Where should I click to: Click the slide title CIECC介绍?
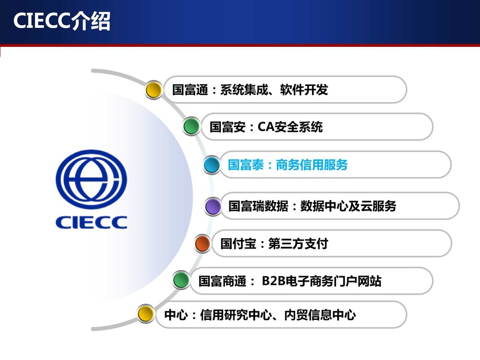click(61, 21)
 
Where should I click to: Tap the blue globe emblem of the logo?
click(91, 179)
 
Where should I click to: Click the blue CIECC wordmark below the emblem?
click(91, 222)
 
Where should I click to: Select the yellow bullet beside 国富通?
click(153, 90)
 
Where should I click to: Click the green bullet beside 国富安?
click(191, 126)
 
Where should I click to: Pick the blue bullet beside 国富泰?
click(212, 165)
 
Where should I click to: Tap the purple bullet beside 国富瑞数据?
click(213, 206)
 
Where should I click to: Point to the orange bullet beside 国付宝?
click(203, 244)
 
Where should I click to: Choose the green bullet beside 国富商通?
click(181, 280)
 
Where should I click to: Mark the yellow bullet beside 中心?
click(146, 314)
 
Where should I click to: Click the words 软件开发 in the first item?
click(304, 90)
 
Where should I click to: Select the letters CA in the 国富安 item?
click(266, 127)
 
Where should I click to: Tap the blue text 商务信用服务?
click(311, 165)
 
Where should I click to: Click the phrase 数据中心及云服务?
click(348, 206)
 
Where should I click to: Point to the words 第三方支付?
click(298, 244)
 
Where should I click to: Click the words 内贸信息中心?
click(320, 315)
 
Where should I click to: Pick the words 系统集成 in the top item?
click(244, 90)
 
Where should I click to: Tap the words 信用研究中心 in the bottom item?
click(236, 315)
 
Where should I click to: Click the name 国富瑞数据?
click(258, 206)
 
